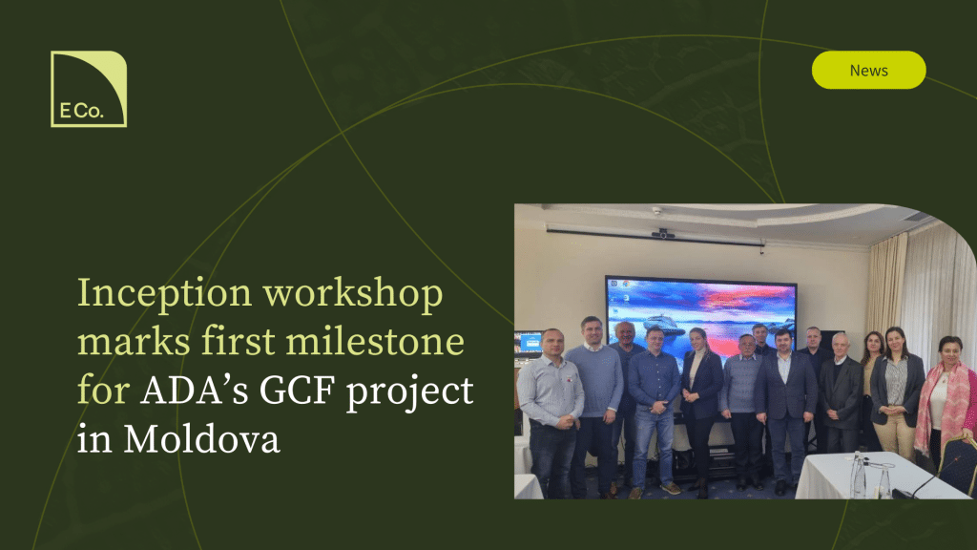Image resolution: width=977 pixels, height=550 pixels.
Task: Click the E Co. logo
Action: (89, 89)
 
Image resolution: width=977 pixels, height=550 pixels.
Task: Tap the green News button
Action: (868, 70)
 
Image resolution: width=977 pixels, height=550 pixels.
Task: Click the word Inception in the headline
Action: (164, 294)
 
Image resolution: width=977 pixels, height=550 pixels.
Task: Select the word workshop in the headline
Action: (353, 294)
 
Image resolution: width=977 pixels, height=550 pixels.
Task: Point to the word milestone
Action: (374, 342)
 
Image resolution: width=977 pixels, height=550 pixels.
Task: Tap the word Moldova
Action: (202, 439)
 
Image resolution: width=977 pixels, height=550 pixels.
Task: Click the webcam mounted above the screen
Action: (662, 233)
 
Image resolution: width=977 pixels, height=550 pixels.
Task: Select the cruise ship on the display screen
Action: (663, 325)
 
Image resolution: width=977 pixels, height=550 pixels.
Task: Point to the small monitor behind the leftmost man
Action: (527, 343)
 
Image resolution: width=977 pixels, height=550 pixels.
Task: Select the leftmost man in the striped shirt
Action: (550, 412)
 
